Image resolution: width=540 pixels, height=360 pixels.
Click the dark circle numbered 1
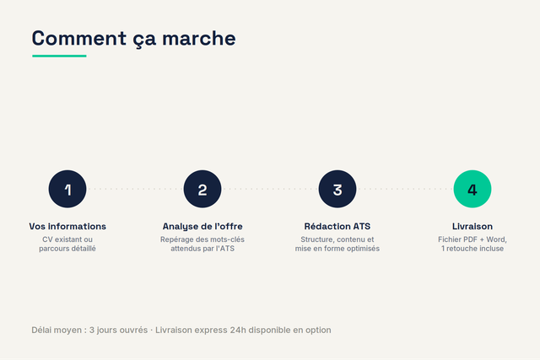click(67, 189)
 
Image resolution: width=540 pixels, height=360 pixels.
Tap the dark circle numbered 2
click(202, 189)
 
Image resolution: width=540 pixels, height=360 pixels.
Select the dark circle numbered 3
click(337, 189)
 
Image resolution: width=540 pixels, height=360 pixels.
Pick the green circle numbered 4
click(472, 189)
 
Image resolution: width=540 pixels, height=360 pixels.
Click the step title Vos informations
click(67, 227)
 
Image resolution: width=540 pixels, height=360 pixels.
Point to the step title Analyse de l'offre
click(202, 227)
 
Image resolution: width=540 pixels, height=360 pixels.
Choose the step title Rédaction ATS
click(337, 226)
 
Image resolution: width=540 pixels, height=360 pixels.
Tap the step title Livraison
click(472, 227)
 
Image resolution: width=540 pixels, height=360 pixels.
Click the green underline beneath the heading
click(59, 56)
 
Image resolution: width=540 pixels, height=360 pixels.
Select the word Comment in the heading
click(79, 38)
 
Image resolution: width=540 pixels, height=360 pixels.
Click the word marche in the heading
click(199, 38)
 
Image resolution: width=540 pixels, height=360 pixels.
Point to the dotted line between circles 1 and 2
click(135, 189)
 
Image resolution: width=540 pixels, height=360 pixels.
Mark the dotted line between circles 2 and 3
click(270, 189)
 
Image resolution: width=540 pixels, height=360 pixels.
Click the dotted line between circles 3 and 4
click(405, 189)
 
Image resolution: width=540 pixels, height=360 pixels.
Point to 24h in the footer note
click(238, 330)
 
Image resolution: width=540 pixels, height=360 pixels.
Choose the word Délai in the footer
click(41, 330)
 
